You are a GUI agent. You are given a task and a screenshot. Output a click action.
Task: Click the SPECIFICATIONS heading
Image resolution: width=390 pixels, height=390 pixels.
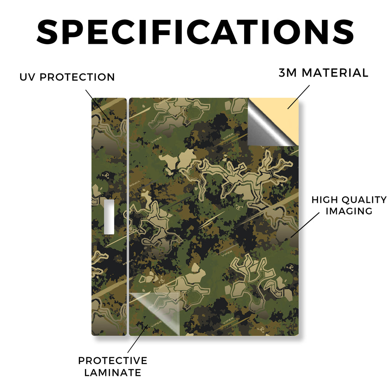(195, 32)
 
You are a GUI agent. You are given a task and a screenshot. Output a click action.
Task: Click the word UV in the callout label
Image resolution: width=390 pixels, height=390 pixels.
(27, 77)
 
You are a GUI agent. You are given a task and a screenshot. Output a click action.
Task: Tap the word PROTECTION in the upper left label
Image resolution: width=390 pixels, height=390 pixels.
(77, 77)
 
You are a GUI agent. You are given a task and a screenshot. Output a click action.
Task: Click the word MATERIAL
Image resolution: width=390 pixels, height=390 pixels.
(335, 73)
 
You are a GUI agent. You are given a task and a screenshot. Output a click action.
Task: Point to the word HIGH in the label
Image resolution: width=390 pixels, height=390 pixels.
(324, 200)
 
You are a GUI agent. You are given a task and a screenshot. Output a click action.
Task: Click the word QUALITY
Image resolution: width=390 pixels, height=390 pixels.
(364, 200)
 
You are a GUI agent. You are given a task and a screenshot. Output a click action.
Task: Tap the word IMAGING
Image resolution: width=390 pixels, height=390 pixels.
(349, 211)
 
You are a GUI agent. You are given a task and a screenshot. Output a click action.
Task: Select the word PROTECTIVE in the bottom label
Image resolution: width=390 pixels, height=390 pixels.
(113, 361)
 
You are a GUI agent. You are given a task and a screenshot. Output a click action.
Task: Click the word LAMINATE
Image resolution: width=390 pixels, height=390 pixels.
(113, 372)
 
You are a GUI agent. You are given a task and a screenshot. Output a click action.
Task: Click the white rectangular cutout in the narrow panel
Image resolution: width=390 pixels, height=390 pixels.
(109, 217)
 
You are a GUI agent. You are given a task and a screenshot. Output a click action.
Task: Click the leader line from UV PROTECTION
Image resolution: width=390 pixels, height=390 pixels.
(97, 104)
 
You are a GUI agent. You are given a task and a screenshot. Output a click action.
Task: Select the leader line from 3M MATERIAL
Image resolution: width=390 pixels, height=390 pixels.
(299, 97)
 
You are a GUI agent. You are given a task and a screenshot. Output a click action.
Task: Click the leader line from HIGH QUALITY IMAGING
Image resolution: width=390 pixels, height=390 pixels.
(305, 225)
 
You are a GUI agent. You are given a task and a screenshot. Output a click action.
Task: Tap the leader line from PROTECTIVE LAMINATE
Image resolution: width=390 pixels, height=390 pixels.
(138, 339)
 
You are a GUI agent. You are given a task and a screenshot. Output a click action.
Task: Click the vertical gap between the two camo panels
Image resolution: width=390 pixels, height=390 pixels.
(128, 217)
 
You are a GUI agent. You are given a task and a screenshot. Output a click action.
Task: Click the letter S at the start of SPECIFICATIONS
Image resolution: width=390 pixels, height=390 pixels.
(47, 32)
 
